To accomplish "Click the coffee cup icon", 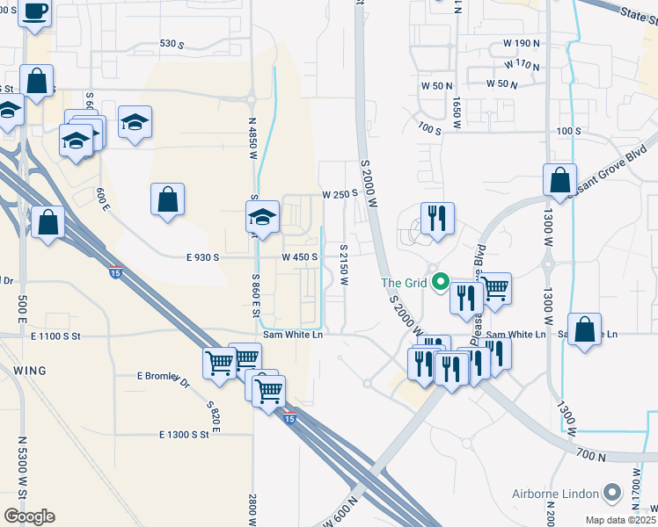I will (x=35, y=12).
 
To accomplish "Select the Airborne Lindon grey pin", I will (x=613, y=494).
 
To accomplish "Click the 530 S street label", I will (x=172, y=43).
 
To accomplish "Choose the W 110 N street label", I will (x=522, y=65).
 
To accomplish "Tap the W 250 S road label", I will (x=340, y=193).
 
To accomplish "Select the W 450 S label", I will (x=299, y=257).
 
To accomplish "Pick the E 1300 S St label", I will (x=184, y=434).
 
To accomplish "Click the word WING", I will (x=30, y=371).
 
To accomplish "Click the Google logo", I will (x=29, y=516).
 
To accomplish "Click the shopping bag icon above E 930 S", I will (x=167, y=199).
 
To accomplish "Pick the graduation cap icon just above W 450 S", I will (x=262, y=216).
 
